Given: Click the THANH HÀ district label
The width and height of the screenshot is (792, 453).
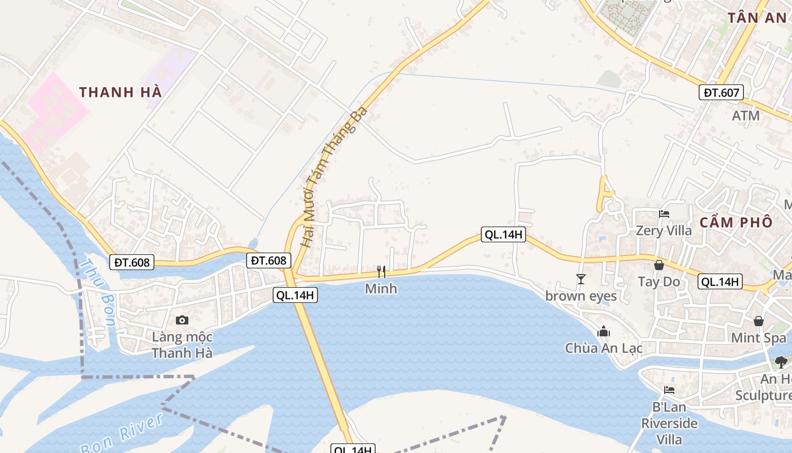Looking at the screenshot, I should tap(120, 92).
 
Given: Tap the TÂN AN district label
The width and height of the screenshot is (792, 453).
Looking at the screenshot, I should tap(757, 18).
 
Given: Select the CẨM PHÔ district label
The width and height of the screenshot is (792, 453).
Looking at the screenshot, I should tap(735, 222).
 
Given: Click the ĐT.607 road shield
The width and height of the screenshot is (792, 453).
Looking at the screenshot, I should tap(721, 92).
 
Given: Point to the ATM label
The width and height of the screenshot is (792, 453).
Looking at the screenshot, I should tap(746, 116).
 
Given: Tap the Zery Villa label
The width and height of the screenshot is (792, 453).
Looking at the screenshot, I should tap(664, 230).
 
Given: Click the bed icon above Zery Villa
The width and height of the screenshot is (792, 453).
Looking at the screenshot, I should tap(664, 214).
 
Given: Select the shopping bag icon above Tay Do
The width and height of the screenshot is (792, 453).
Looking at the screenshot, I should tap(659, 264).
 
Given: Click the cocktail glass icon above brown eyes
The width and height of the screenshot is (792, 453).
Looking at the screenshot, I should tap(580, 279).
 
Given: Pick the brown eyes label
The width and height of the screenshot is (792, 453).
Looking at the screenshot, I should tap(581, 296).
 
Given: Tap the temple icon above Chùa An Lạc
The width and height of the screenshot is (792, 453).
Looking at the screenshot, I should tap(604, 331).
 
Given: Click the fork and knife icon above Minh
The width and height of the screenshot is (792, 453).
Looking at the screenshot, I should tap(381, 272).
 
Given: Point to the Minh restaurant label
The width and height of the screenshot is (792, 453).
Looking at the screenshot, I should tap(381, 289).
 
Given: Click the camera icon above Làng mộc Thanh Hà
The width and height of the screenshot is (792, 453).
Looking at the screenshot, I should tap(182, 320).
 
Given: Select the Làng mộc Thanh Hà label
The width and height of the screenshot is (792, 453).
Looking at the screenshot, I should tap(182, 345).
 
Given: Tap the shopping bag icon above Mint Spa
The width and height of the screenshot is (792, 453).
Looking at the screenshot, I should tap(759, 321).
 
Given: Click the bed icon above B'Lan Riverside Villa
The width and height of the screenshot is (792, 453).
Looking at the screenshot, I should tap(669, 390).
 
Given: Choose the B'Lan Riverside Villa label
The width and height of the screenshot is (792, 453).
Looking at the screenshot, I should tap(669, 423).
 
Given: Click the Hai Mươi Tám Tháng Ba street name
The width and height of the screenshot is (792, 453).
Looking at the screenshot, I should tap(333, 176).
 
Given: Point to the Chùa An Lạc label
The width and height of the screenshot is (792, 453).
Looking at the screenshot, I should tap(604, 348).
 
